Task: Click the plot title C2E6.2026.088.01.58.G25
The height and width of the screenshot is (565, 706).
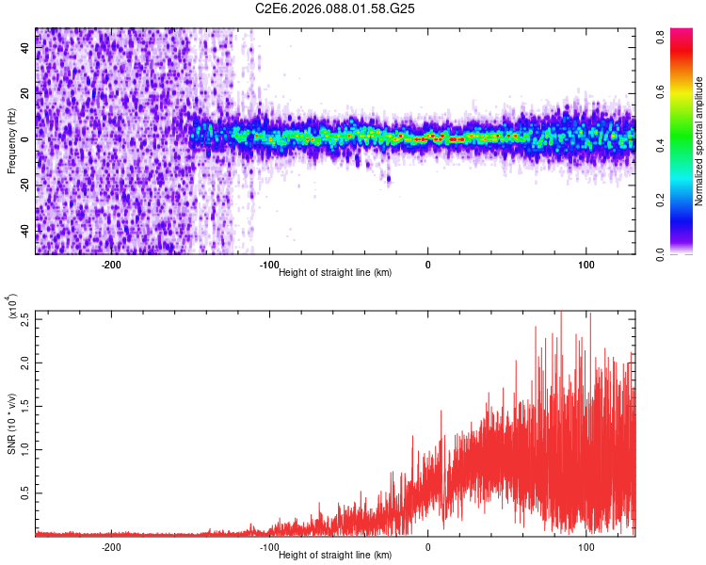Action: coord(336,8)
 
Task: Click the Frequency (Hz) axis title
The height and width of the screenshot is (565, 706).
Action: coord(12,140)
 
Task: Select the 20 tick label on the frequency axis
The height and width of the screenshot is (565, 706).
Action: coord(25,93)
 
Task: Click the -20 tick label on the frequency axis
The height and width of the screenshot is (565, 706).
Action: coord(24,185)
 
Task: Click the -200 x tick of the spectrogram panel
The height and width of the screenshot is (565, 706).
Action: coord(112,265)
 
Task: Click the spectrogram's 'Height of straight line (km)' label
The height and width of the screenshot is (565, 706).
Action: coord(336,273)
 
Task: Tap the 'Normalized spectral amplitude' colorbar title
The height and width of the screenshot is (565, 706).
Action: coord(699,140)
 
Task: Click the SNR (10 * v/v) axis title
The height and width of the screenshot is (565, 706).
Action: coord(12,424)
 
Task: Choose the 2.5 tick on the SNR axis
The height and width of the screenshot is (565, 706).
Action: coord(24,317)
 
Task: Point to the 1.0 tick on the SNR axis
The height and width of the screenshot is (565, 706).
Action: coord(24,448)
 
